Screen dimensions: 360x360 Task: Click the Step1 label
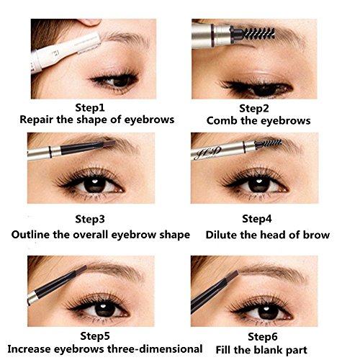pyautogui.click(x=90, y=107)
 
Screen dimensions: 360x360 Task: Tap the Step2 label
pyautogui.click(x=254, y=109)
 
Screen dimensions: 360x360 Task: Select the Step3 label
pyautogui.click(x=90, y=219)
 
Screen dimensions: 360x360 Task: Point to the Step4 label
pyautogui.click(x=257, y=219)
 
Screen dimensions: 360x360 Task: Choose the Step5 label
pyautogui.click(x=95, y=336)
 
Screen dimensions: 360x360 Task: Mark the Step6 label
pyautogui.click(x=263, y=336)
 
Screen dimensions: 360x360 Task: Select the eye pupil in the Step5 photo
pyautogui.click(x=105, y=308)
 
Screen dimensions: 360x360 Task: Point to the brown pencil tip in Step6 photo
pyautogui.click(x=232, y=276)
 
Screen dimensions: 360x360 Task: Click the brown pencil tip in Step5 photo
pyautogui.click(x=81, y=269)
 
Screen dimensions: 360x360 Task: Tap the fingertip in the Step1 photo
pyautogui.click(x=89, y=22)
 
